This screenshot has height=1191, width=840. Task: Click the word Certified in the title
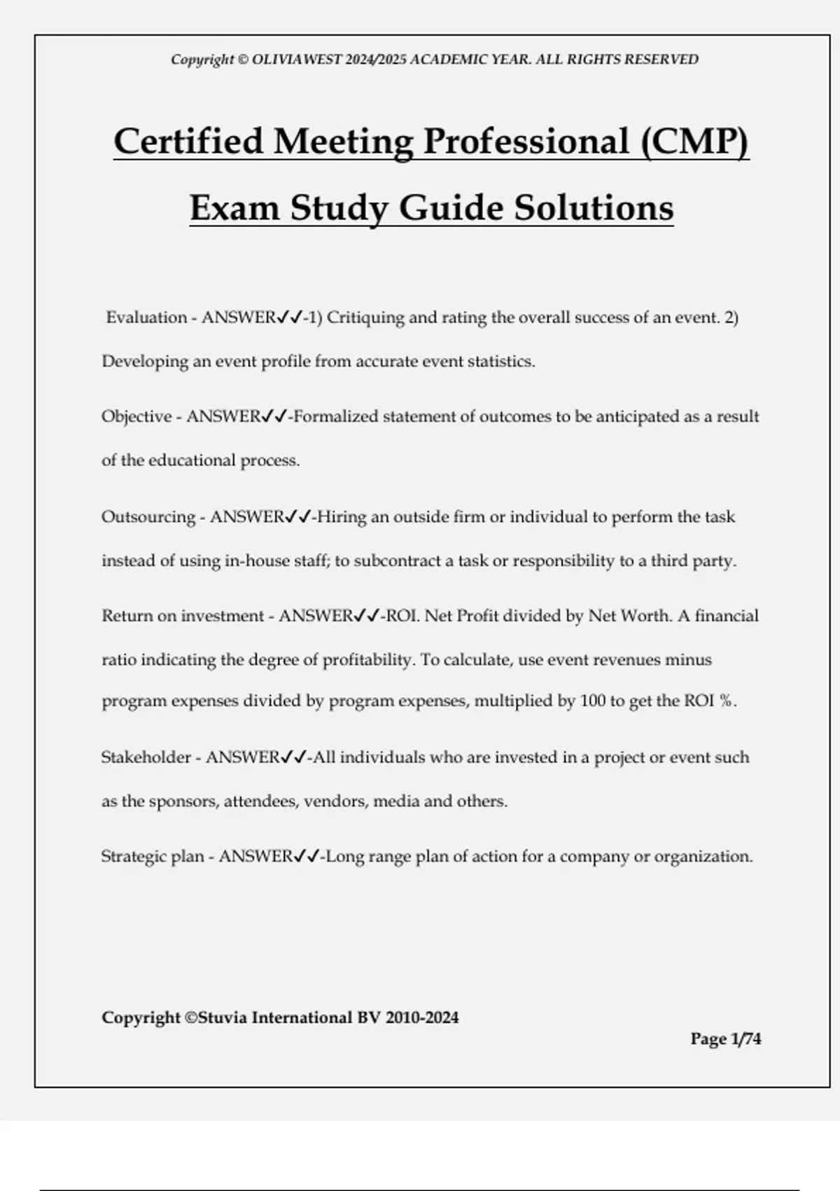tap(188, 142)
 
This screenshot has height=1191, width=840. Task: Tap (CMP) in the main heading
tap(694, 142)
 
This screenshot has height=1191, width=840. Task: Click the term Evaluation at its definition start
tap(146, 317)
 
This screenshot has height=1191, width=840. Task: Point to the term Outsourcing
tap(148, 517)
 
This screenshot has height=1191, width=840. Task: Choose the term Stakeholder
tap(146, 757)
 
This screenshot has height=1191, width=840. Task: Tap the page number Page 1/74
tap(725, 1038)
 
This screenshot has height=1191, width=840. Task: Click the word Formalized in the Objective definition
tap(335, 417)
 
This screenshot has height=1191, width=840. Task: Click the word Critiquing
tap(365, 317)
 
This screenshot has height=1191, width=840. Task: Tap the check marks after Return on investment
tap(367, 616)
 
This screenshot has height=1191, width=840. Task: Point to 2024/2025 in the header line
tap(374, 60)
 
